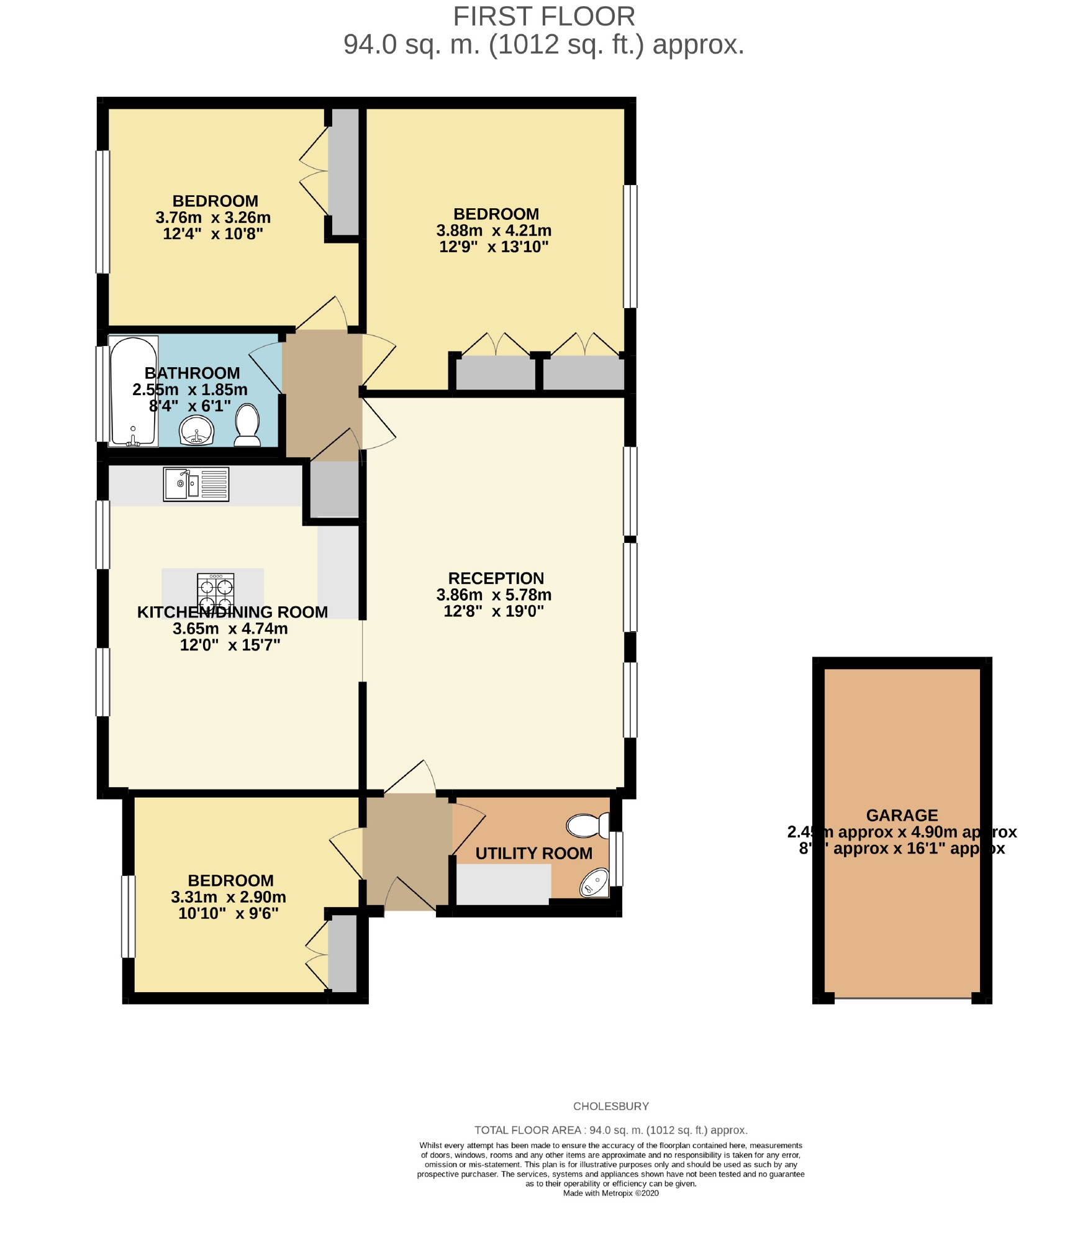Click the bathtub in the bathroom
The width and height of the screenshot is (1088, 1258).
click(x=133, y=391)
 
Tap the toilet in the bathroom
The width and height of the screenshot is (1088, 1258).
click(x=247, y=426)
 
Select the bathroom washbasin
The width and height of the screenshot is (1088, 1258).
click(x=197, y=430)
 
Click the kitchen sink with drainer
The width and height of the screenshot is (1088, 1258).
click(x=196, y=484)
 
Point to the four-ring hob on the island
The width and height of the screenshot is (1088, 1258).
click(x=215, y=591)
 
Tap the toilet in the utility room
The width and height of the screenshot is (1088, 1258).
click(x=588, y=826)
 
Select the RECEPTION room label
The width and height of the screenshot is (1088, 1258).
click(x=496, y=578)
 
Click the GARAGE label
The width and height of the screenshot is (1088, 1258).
click(x=902, y=815)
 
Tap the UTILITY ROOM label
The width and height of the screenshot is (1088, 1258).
click(x=533, y=854)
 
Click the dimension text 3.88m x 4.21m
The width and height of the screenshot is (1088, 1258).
click(x=494, y=230)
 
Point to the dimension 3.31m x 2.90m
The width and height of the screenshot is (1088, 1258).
click(x=228, y=897)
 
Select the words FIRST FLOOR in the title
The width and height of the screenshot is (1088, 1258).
click(x=543, y=17)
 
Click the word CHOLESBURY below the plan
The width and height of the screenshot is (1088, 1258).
click(x=610, y=1106)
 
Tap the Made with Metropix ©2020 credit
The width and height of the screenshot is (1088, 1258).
click(x=610, y=1193)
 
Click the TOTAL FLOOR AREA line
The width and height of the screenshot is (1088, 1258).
click(x=610, y=1130)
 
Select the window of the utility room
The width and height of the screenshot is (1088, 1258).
click(x=615, y=859)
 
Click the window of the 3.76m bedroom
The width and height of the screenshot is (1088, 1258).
click(x=102, y=211)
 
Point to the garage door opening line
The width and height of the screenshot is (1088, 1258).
click(x=902, y=998)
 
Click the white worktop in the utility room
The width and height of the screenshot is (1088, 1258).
click(x=503, y=885)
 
